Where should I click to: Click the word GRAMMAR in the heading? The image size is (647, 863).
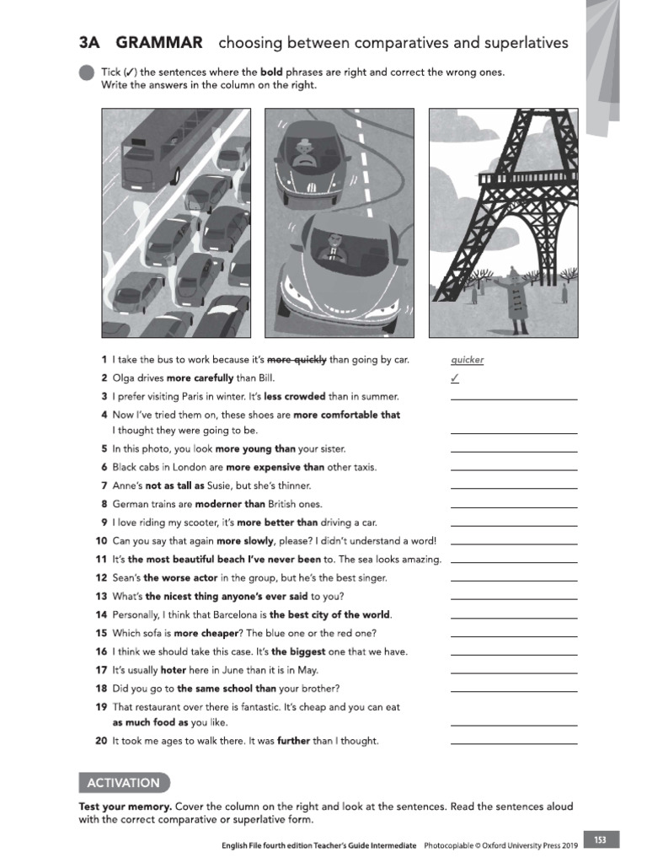[159, 42]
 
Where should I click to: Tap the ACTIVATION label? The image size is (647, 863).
[123, 783]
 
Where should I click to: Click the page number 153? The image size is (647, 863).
[600, 839]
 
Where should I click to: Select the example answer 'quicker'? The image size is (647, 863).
[468, 360]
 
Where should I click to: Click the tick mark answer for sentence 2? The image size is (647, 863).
[455, 378]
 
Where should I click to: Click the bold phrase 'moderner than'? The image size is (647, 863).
[229, 504]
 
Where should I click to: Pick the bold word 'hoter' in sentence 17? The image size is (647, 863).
[173, 670]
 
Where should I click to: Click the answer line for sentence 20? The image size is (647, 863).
[514, 742]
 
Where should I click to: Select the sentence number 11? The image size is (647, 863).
[101, 560]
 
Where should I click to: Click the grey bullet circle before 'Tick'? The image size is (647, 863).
[87, 72]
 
